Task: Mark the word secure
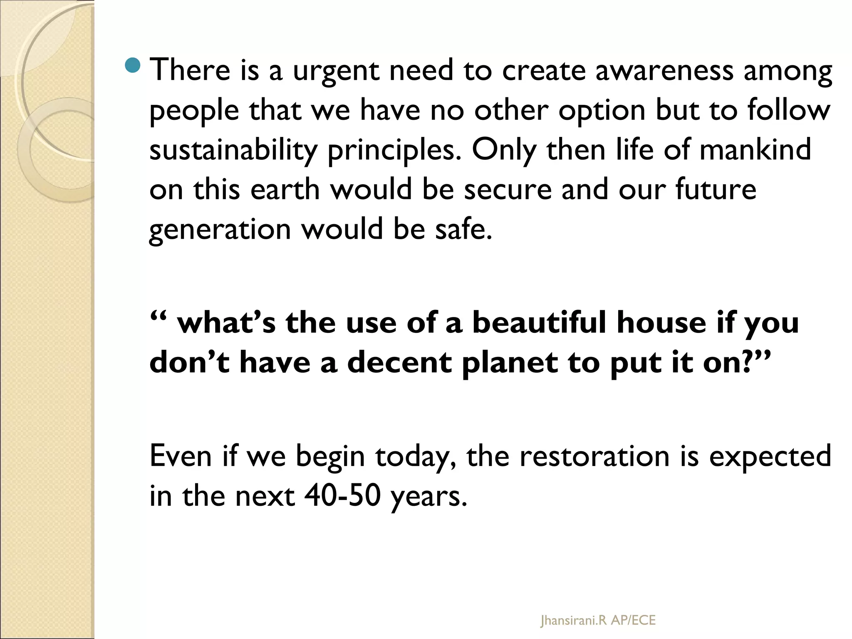(x=507, y=189)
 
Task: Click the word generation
(x=220, y=230)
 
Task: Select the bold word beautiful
(x=539, y=323)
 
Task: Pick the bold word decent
(x=399, y=362)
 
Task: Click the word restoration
(x=594, y=456)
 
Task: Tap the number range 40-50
(x=342, y=496)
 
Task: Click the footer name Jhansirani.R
(x=574, y=620)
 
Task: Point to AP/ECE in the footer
(x=633, y=620)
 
